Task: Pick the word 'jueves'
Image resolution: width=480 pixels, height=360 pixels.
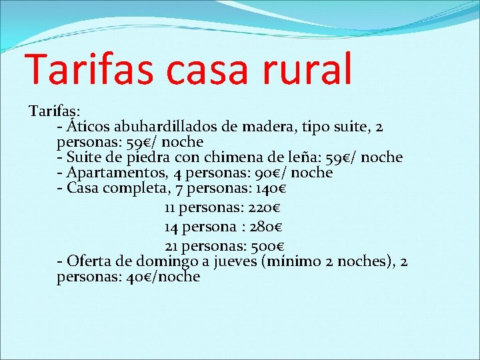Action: (x=235, y=261)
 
